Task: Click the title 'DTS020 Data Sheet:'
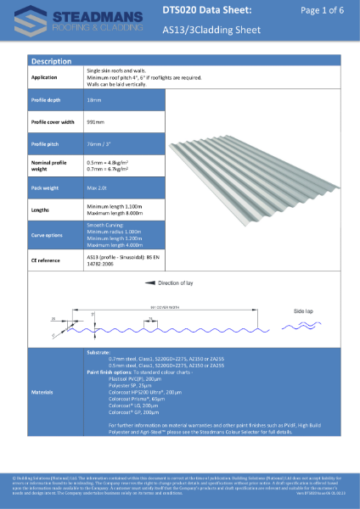206,10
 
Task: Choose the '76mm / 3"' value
100,144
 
